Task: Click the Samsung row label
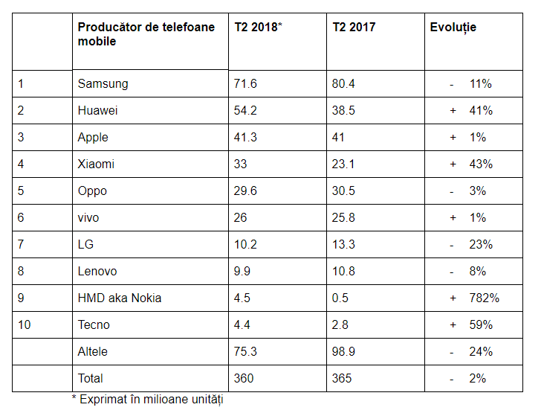(x=103, y=83)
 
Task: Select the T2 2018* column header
(x=258, y=28)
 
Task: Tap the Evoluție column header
(x=453, y=28)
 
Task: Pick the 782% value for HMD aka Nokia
(x=484, y=298)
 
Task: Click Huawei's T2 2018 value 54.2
(x=245, y=110)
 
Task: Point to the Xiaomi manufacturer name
(x=96, y=164)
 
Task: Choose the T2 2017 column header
(x=354, y=28)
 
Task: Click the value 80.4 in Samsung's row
(x=343, y=83)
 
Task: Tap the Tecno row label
(x=93, y=324)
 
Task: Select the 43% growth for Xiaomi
(x=481, y=164)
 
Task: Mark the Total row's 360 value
(x=243, y=378)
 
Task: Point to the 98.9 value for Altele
(x=343, y=351)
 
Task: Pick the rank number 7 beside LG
(x=22, y=244)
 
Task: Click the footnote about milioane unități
(x=148, y=399)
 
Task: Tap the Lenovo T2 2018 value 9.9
(x=242, y=271)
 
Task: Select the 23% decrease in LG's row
(x=481, y=244)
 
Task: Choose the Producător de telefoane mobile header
(x=146, y=34)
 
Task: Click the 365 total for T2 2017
(x=342, y=378)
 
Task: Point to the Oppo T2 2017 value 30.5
(x=343, y=191)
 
